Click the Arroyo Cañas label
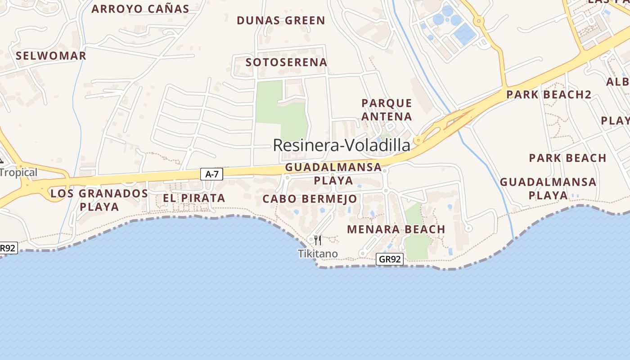140,9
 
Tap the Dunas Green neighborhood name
281,21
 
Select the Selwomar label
51,56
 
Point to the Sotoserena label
286,63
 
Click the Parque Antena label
387,110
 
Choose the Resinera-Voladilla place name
342,145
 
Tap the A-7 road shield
211,174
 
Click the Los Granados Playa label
99,200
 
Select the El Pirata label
194,198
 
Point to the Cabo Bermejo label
310,199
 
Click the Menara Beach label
396,229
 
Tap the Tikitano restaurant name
318,254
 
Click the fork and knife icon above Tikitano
318,239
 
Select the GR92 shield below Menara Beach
390,259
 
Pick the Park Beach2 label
549,95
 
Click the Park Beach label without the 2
567,158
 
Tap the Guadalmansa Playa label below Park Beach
548,189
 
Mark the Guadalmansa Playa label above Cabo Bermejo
333,174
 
